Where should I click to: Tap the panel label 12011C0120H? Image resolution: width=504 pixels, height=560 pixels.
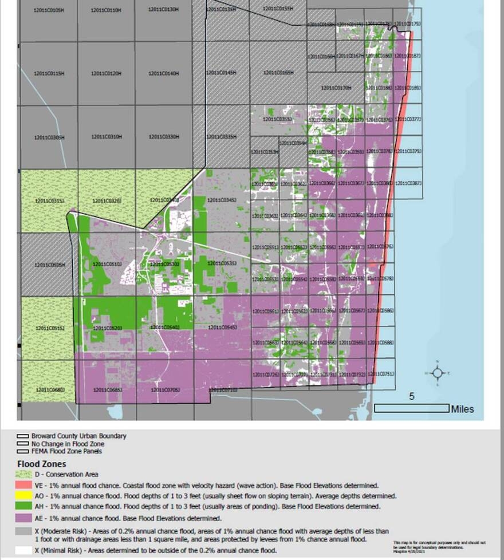107,74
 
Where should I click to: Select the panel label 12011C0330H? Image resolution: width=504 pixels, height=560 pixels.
164,137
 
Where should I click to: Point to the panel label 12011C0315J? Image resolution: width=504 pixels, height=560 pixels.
49,200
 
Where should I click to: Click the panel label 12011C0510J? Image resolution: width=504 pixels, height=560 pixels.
107,264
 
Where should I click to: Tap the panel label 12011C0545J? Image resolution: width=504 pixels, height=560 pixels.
222,327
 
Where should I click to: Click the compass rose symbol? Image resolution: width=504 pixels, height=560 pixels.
437,373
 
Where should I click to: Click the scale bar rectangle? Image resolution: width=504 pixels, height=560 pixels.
411,408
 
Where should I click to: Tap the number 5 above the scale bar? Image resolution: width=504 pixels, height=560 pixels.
412,396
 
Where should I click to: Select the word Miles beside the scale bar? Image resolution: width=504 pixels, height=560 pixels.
462,409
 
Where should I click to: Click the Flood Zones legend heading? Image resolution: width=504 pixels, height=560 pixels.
41,464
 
